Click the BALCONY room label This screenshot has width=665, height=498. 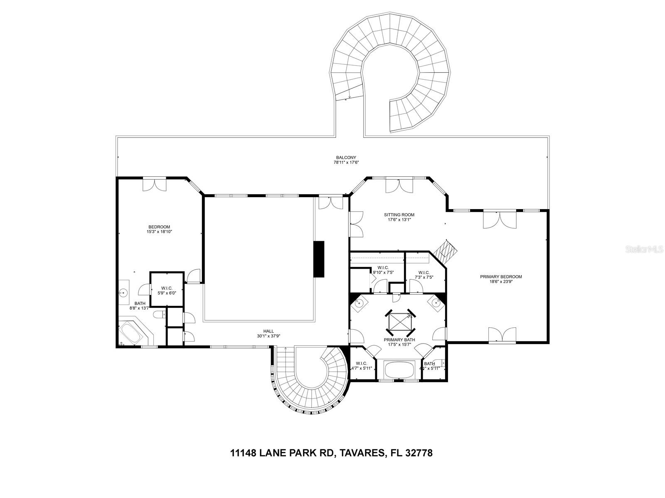(x=346, y=158)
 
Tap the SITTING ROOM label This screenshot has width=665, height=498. (x=399, y=215)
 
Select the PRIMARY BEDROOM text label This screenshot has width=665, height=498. (x=501, y=277)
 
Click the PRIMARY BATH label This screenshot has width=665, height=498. (x=399, y=339)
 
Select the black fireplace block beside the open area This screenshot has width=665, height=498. (x=319, y=259)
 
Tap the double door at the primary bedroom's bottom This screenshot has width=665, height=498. (x=503, y=334)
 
